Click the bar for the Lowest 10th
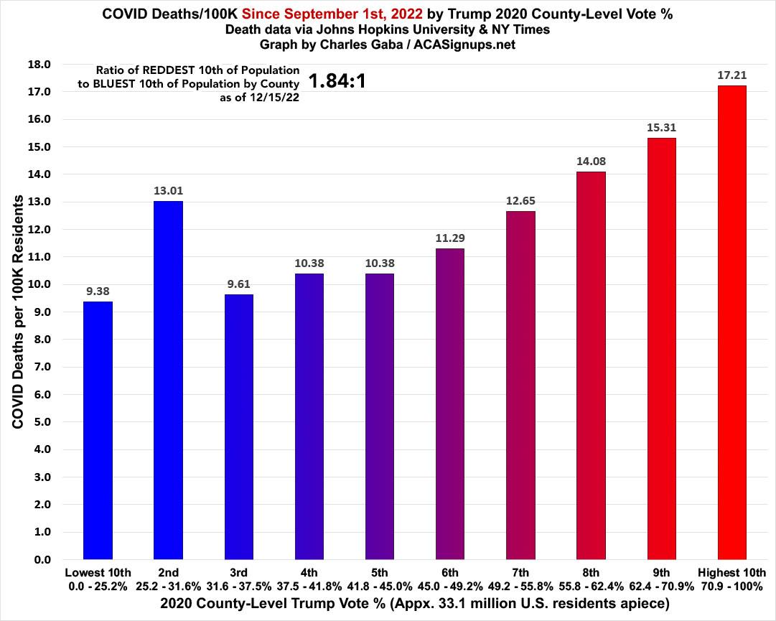click(98, 431)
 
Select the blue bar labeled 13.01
click(168, 380)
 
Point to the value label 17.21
click(731, 74)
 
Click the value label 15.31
click(661, 127)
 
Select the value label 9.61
click(238, 283)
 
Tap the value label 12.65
click(520, 200)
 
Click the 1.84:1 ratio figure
click(337, 81)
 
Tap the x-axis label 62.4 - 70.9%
click(661, 585)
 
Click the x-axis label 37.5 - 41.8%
click(309, 585)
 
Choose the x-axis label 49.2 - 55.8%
click(520, 585)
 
